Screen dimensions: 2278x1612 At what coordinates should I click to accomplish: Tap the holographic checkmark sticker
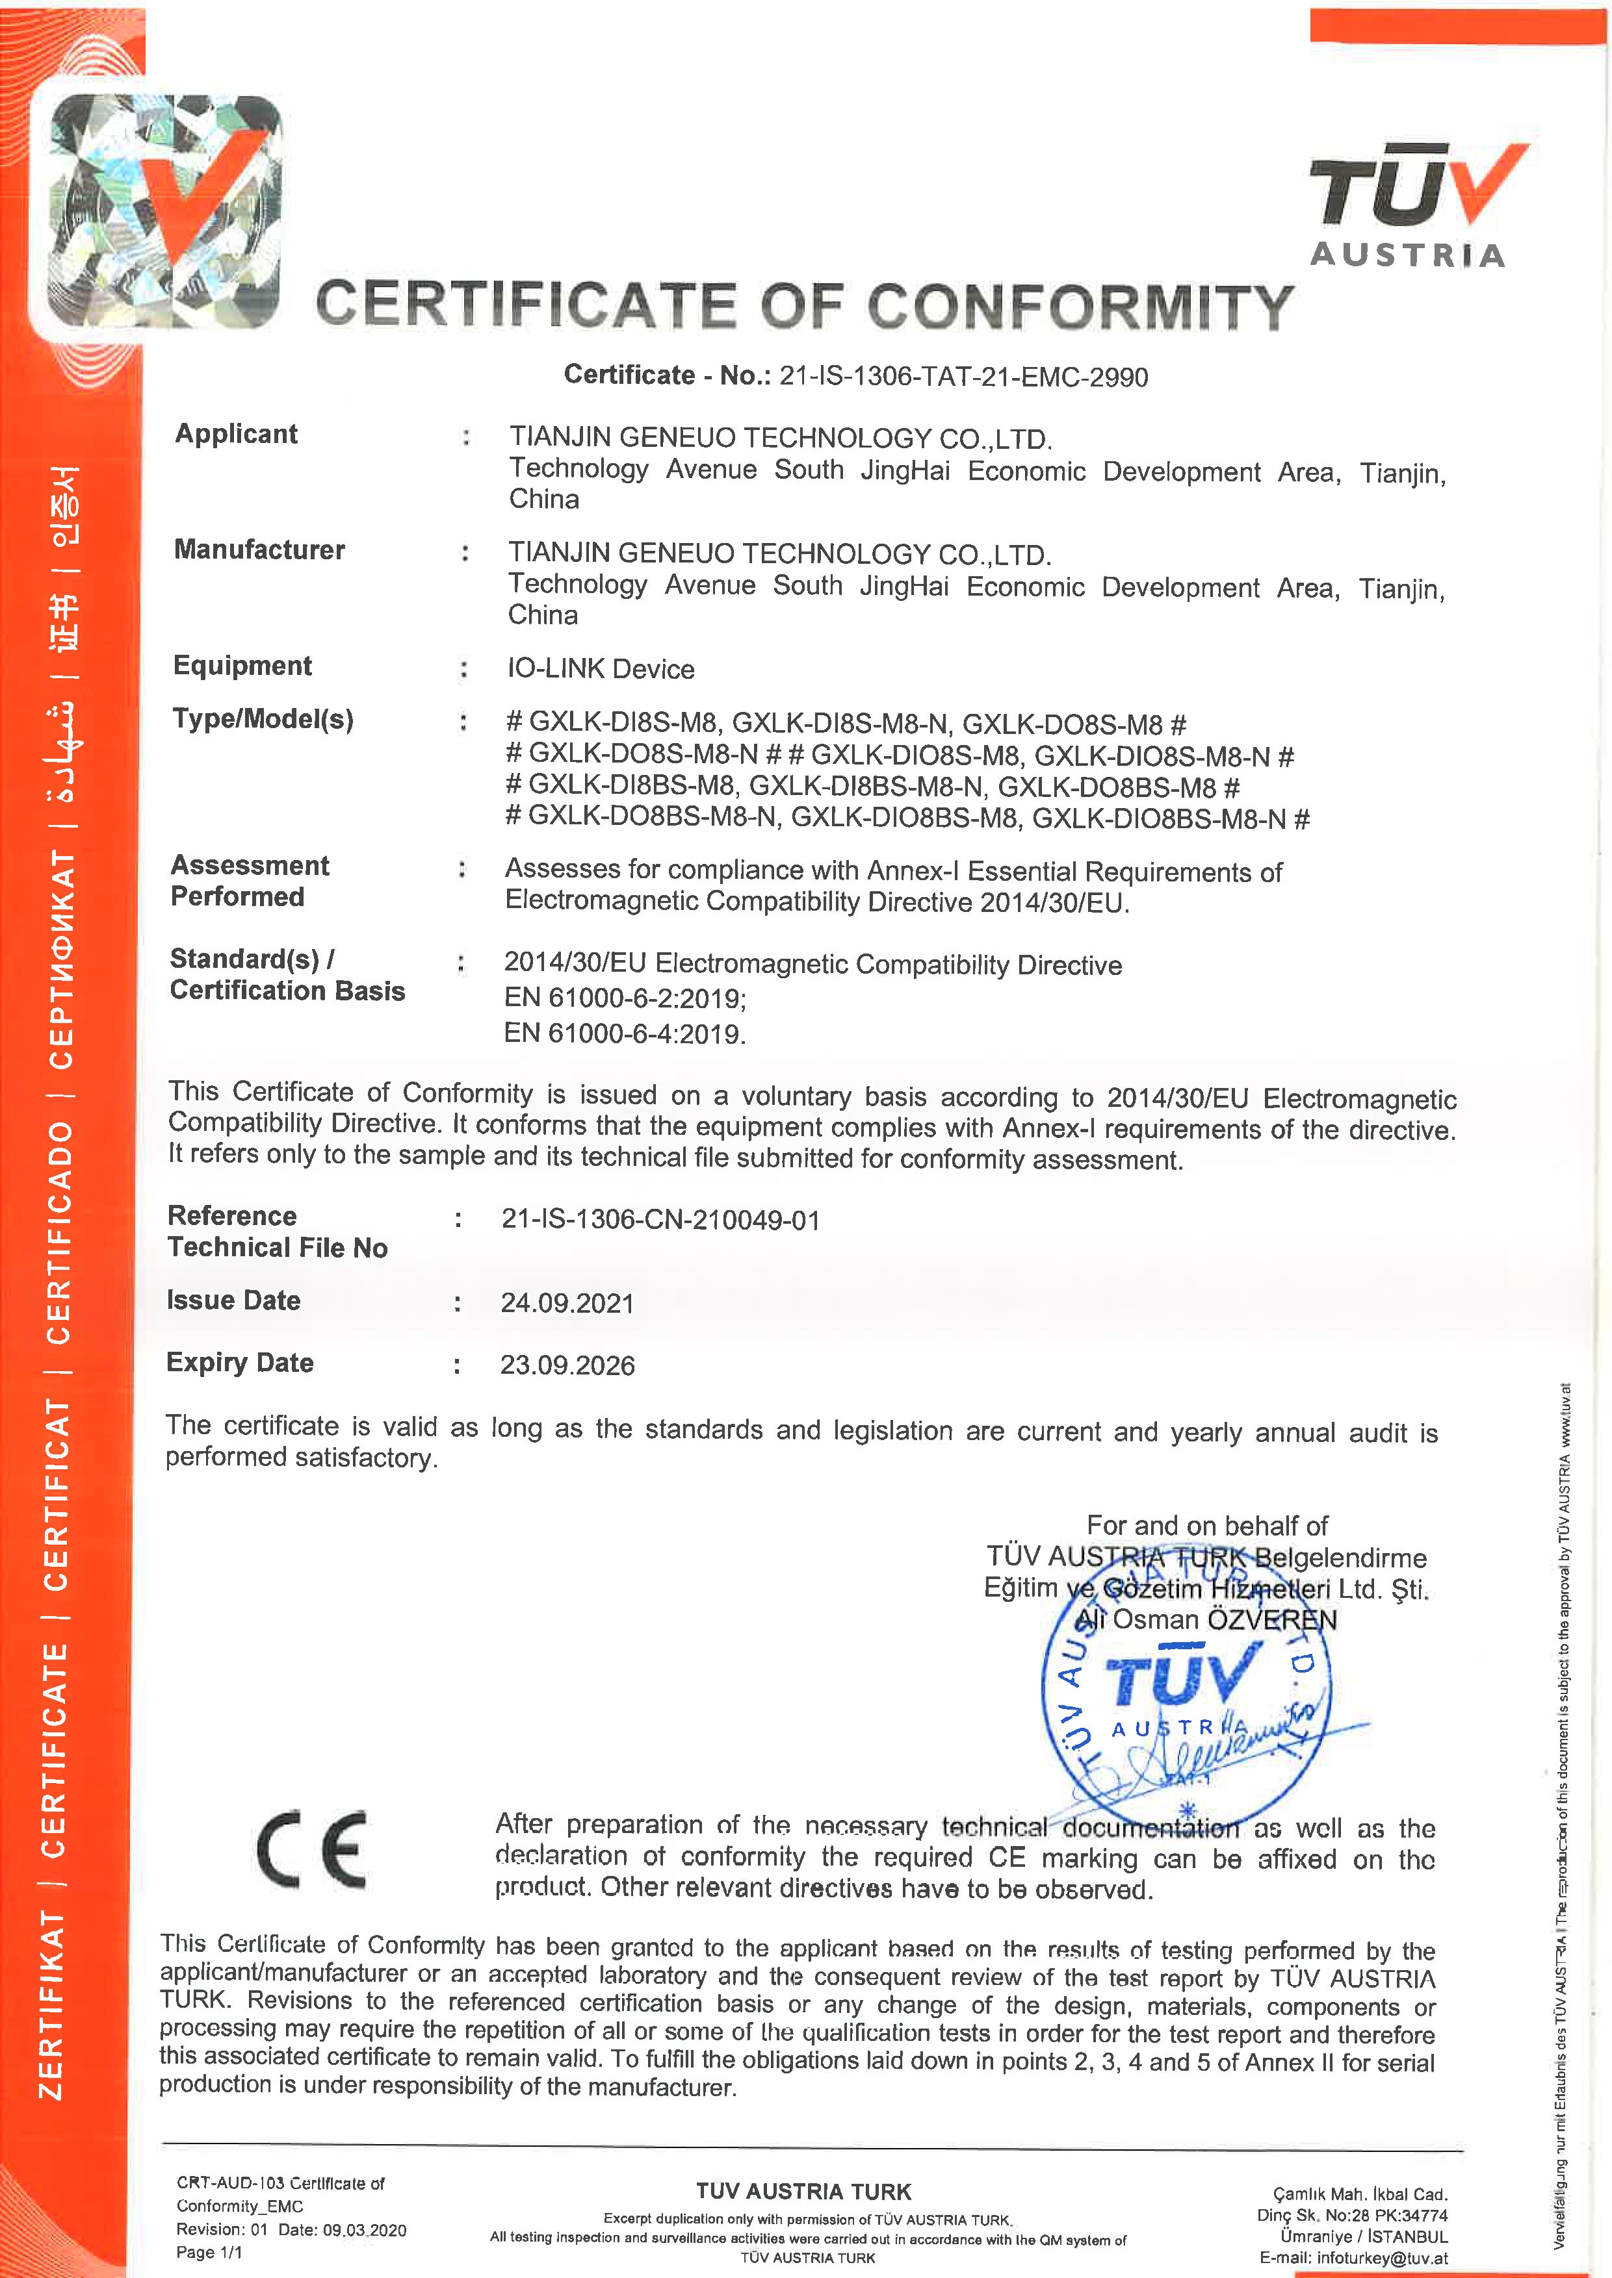click(164, 210)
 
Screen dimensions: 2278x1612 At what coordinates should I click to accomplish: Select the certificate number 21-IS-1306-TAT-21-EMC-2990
click(963, 377)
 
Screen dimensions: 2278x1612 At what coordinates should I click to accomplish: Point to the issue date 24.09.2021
click(567, 1303)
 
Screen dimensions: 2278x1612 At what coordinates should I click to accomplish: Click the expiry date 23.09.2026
click(567, 1365)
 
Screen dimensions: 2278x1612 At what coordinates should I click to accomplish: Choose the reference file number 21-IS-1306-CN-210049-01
click(660, 1219)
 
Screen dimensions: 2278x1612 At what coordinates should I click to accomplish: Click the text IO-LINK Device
click(601, 668)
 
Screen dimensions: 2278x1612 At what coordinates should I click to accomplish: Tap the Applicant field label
click(236, 433)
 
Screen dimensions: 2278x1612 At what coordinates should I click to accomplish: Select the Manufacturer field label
click(259, 550)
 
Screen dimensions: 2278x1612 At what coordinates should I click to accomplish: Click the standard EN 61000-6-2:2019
click(625, 998)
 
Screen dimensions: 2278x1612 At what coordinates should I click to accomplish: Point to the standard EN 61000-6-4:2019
click(625, 1034)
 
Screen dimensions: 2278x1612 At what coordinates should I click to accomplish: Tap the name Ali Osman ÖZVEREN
click(1206, 1620)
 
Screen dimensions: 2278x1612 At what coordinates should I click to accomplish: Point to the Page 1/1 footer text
click(209, 2252)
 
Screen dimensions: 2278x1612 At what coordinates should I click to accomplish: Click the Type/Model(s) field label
click(263, 718)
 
